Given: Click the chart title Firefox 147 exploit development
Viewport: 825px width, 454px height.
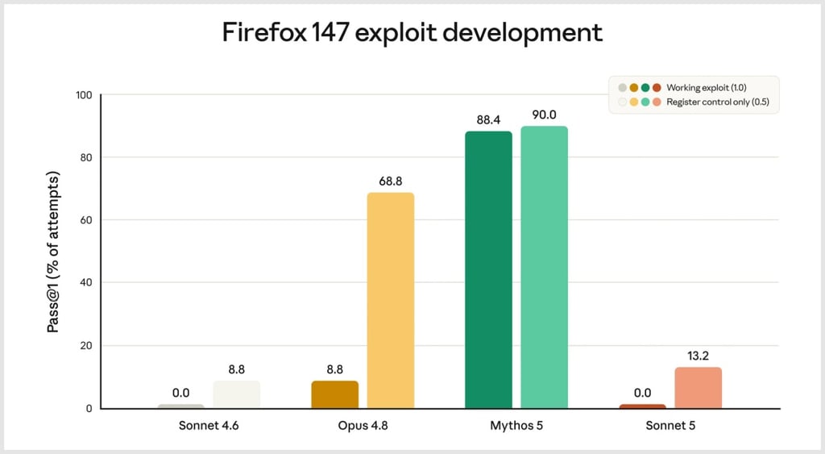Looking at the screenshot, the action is (x=412, y=32).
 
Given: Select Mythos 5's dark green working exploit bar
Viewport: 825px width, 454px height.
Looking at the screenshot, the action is (x=488, y=269).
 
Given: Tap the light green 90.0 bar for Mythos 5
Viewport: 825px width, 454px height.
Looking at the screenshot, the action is (x=544, y=267).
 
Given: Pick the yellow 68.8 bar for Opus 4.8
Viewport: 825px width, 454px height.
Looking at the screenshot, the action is (x=391, y=300).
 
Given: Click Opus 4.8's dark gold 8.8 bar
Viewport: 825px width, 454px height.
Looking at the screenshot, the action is (x=334, y=394).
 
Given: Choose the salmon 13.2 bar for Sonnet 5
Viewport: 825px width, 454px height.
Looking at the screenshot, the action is (x=699, y=388).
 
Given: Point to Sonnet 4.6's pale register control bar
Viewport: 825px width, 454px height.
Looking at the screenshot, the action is (x=236, y=394).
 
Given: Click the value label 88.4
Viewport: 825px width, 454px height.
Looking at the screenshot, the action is (x=488, y=120).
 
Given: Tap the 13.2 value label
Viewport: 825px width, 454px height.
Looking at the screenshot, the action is (x=699, y=356).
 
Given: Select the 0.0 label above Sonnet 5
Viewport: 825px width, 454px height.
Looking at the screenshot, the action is (x=642, y=393).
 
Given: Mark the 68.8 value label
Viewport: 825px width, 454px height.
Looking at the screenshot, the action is (x=391, y=181).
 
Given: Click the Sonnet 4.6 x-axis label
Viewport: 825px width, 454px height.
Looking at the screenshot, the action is (x=209, y=426).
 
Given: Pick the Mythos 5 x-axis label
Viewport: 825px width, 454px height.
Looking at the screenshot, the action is (x=516, y=426).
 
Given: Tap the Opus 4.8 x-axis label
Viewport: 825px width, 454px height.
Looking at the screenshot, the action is (x=363, y=426).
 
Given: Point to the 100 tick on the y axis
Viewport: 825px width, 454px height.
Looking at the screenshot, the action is (x=84, y=95).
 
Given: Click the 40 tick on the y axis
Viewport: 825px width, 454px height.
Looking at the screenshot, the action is (x=85, y=282).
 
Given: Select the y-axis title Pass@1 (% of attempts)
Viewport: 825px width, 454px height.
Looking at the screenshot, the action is (x=53, y=252).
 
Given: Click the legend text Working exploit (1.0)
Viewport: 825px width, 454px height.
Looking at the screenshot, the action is (x=706, y=87).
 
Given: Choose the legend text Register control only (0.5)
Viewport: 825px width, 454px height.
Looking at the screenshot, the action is (x=718, y=102).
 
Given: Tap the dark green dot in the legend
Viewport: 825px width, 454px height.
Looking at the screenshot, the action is (x=645, y=87).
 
